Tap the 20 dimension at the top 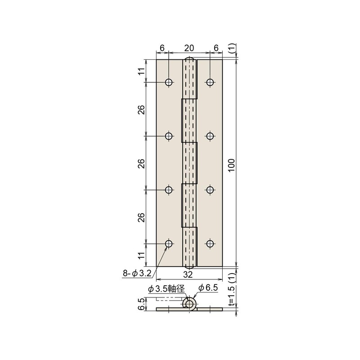[x=189, y=48]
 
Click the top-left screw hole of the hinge [x=169, y=82]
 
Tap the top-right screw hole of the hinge [x=210, y=82]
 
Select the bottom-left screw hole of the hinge [x=169, y=244]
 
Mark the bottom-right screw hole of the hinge [x=210, y=244]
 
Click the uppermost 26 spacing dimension [x=141, y=109]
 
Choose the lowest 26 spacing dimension [x=141, y=217]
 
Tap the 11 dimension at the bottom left [x=141, y=256]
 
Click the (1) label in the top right [x=231, y=49]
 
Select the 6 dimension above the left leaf [x=162, y=48]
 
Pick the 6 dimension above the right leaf [x=216, y=48]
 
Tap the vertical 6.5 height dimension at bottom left [x=141, y=305]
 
